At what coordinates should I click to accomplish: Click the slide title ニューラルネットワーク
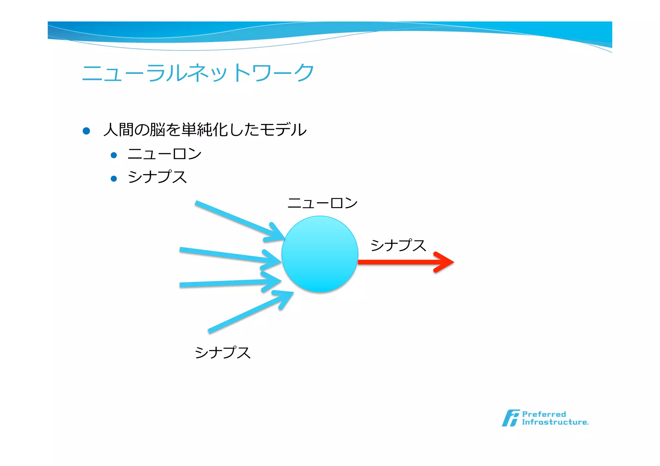tap(198, 72)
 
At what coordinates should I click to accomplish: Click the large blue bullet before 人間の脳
tap(86, 131)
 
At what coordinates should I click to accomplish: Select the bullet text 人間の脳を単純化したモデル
tap(205, 130)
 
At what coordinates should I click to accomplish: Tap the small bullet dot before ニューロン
tap(113, 155)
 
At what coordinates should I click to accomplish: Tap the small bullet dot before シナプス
tap(113, 178)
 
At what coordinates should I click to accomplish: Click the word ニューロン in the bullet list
tap(164, 154)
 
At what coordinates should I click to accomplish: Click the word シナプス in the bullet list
tap(157, 177)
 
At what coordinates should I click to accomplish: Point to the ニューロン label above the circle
tap(322, 203)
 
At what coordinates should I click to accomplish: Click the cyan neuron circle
tap(320, 254)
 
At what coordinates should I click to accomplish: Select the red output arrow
tap(396, 262)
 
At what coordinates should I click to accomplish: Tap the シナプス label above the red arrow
tap(398, 245)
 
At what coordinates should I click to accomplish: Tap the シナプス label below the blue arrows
tap(223, 353)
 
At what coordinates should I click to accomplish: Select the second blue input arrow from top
tap(226, 255)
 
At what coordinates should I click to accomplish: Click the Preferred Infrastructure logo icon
tap(510, 418)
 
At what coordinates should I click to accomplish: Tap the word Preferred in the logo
tap(544, 414)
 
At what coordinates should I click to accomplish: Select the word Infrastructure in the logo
tap(555, 422)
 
